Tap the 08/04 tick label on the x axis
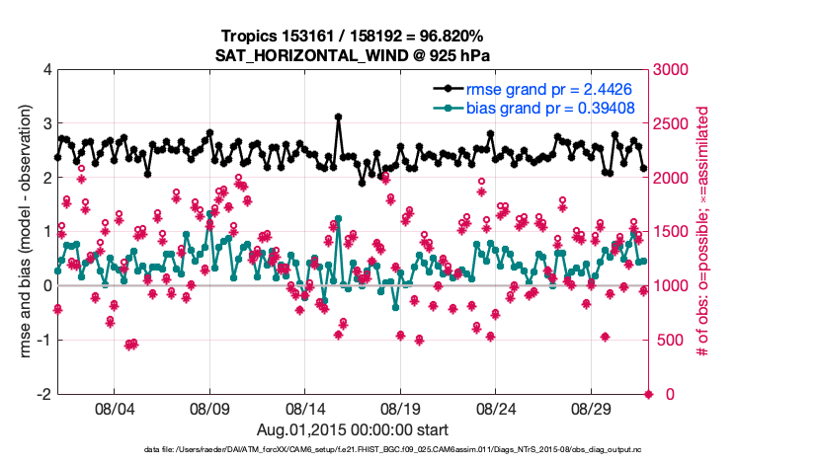click(114, 408)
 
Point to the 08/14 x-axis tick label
click(305, 408)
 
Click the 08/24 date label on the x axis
click(497, 408)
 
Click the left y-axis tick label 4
click(47, 70)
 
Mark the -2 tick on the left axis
click(44, 394)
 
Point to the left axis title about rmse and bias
click(22, 232)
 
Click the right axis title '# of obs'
click(703, 232)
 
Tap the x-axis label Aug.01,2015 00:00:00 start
click(353, 429)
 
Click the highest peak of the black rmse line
click(338, 116)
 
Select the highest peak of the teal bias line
click(338, 218)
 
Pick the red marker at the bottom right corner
click(649, 394)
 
